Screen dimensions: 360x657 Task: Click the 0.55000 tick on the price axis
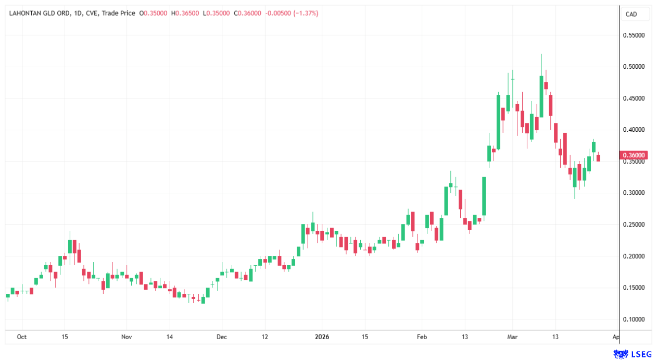coord(634,35)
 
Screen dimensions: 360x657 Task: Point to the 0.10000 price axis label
coord(634,319)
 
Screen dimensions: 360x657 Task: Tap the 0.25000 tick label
coord(634,225)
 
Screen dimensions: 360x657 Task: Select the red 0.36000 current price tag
coord(634,155)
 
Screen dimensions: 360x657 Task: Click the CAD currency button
coord(631,14)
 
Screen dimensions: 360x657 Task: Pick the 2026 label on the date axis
coord(322,337)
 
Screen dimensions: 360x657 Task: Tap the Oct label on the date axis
coord(21,337)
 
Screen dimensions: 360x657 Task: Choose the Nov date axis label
coord(127,337)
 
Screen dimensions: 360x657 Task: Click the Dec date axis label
coord(222,337)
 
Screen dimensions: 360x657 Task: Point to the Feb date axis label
coord(422,337)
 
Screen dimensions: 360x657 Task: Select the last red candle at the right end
coord(598,158)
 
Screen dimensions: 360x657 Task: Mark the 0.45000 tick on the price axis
coord(634,98)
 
